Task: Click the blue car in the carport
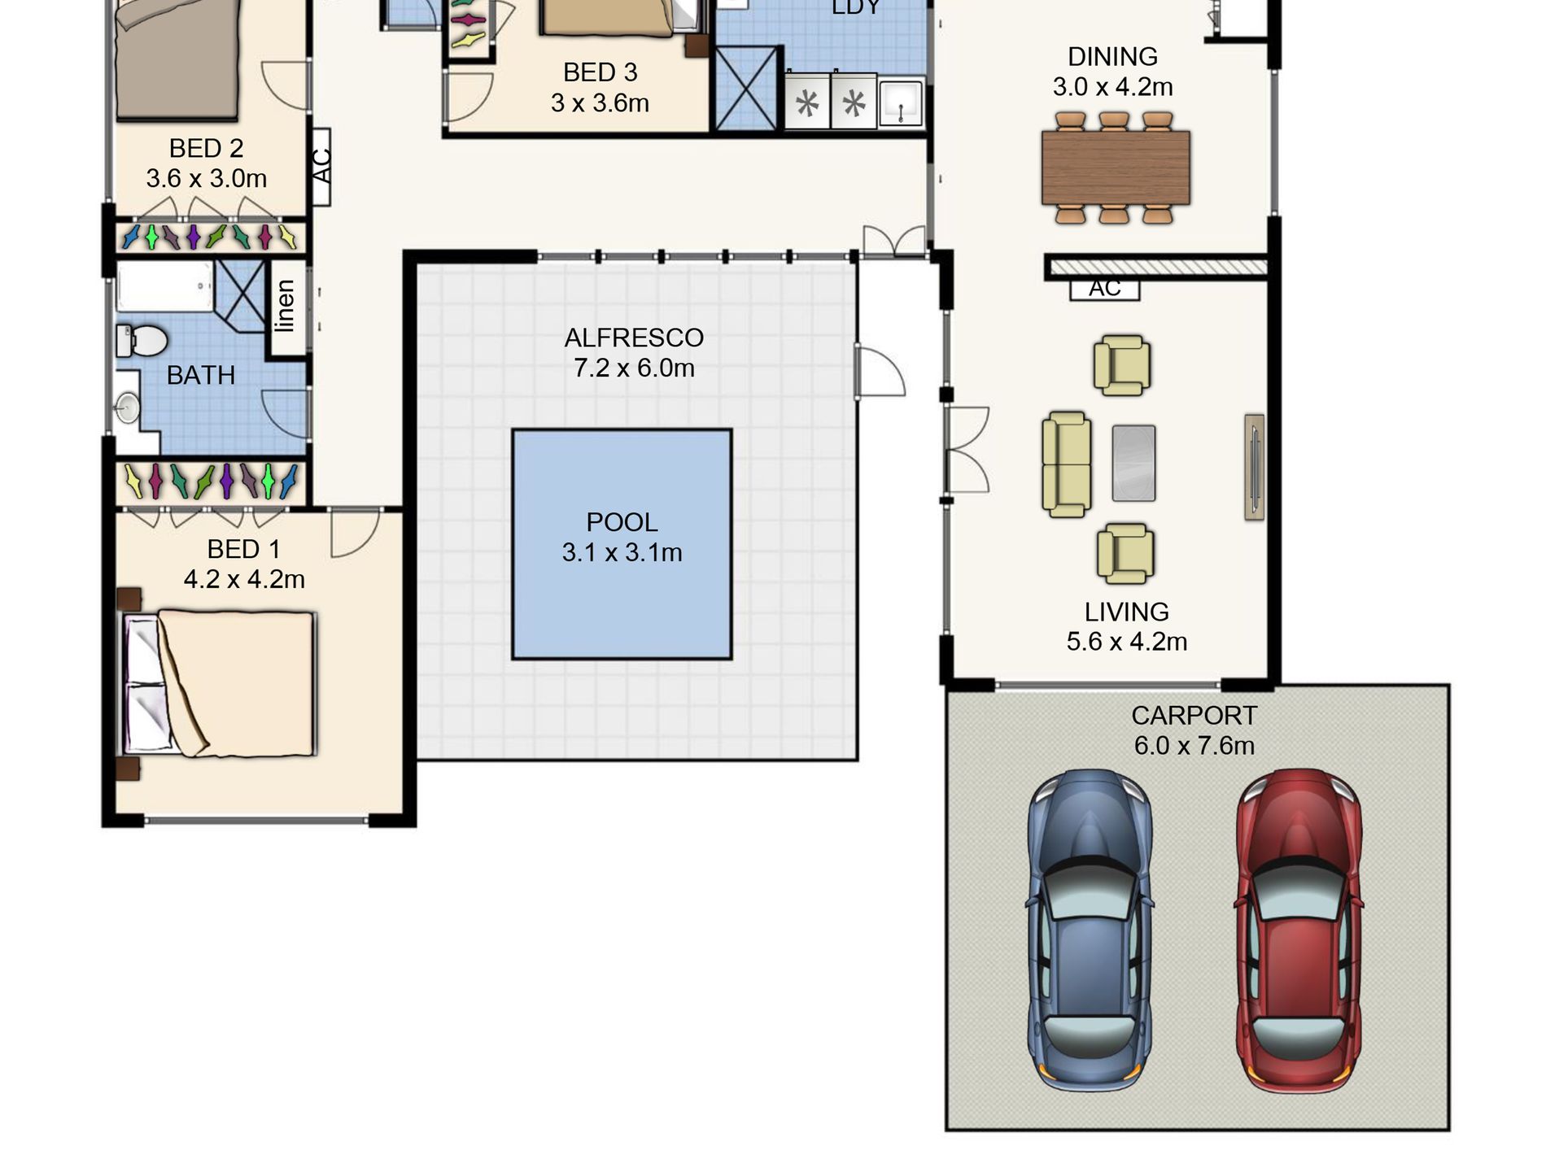[1090, 930]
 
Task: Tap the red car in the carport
[1299, 930]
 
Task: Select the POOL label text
[622, 522]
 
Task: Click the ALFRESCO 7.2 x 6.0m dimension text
[634, 368]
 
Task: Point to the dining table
[1116, 167]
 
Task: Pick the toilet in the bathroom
[142, 341]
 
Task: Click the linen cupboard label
[285, 306]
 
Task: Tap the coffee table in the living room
[1133, 463]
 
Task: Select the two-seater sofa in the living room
[1067, 464]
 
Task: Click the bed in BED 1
[218, 684]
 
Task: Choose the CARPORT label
[1194, 716]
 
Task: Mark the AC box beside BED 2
[321, 167]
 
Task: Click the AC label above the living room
[1104, 288]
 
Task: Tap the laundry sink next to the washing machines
[901, 102]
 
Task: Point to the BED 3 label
[600, 72]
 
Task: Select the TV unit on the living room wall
[1254, 467]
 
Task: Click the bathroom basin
[128, 407]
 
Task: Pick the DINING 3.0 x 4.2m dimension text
[1112, 87]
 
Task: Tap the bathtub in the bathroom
[165, 286]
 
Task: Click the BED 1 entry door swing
[355, 533]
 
